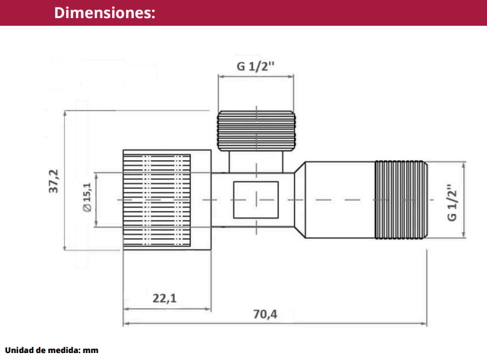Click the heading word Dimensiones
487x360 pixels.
(x=105, y=13)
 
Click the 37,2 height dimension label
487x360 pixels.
(x=54, y=181)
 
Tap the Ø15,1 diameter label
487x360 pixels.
(x=87, y=197)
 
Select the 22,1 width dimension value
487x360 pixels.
(x=164, y=298)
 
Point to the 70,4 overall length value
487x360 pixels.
(x=265, y=314)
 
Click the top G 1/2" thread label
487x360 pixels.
(x=256, y=66)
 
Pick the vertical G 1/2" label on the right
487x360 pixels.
(x=452, y=203)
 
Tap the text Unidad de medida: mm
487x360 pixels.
(x=52, y=350)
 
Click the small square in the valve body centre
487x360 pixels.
(x=256, y=200)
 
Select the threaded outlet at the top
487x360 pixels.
(x=256, y=131)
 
